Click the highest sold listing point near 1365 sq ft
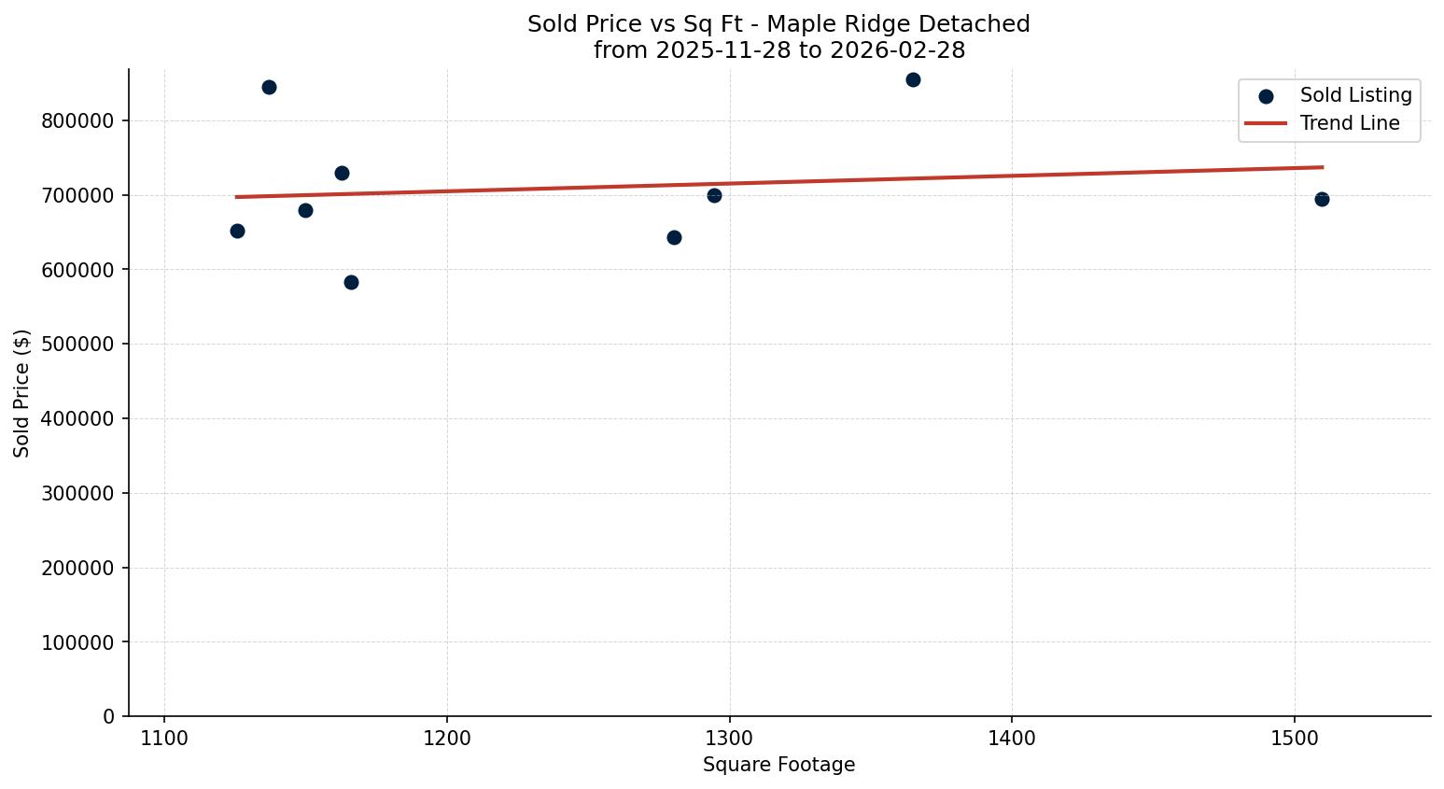913,79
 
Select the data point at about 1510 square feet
1322,199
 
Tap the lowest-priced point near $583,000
351,282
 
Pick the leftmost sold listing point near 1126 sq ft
237,231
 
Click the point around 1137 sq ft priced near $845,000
269,87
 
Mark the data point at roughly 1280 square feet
674,237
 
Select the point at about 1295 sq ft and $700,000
714,195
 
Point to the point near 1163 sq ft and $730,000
342,173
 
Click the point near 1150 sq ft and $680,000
305,210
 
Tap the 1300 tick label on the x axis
729,738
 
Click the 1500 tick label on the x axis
1294,738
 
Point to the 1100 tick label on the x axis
164,738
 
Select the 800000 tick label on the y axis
78,120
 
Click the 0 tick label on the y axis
110,716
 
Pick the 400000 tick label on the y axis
78,418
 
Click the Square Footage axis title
778,766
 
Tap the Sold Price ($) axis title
21,393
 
